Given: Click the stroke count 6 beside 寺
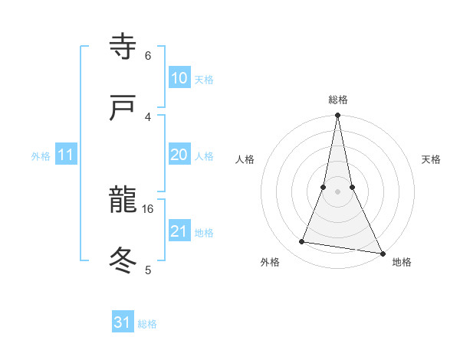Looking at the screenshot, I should pyautogui.click(x=148, y=56).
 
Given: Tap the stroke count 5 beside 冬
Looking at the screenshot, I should pyautogui.click(x=148, y=270).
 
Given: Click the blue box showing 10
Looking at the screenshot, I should pyautogui.click(x=179, y=78).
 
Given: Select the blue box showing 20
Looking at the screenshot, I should pyautogui.click(x=179, y=155).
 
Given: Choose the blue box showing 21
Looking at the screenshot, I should pyautogui.click(x=179, y=231).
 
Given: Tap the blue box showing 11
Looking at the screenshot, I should pyautogui.click(x=66, y=155).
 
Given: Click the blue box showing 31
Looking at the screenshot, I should pyautogui.click(x=123, y=322).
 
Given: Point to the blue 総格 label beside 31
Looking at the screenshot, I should pyautogui.click(x=147, y=324).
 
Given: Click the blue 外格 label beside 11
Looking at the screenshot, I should pyautogui.click(x=41, y=156).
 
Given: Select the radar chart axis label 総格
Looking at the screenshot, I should pyautogui.click(x=338, y=100).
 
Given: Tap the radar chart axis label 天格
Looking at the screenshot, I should pyautogui.click(x=432, y=159).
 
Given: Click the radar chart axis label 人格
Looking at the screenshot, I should pyautogui.click(x=245, y=159).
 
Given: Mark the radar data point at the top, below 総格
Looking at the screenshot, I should pyautogui.click(x=337, y=116).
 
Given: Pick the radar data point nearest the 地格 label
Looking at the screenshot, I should pyautogui.click(x=382, y=253).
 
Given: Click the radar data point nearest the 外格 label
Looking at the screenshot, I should pyautogui.click(x=302, y=242).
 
